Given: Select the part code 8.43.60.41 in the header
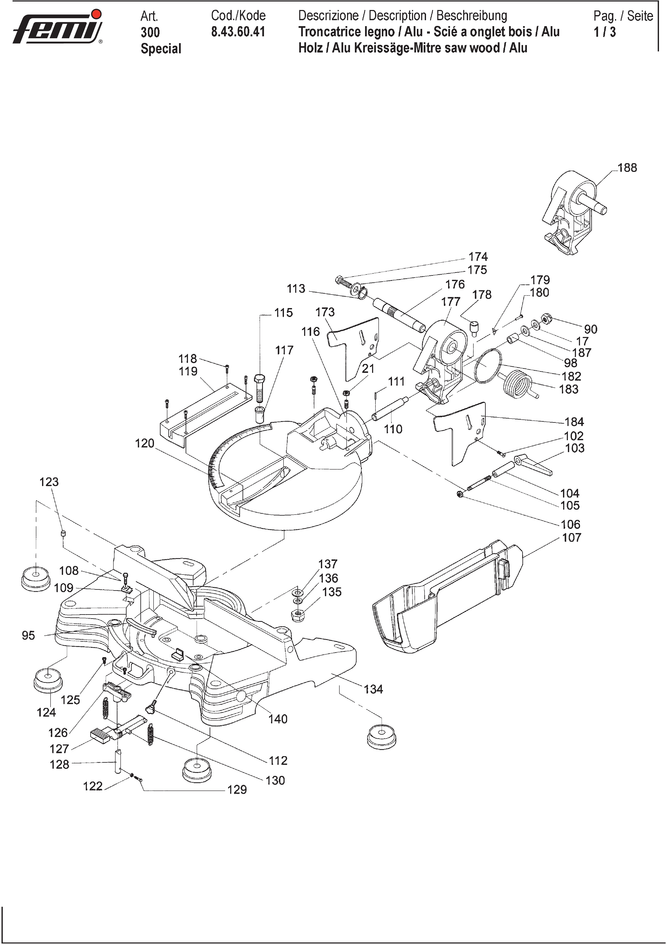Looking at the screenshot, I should point(238,32).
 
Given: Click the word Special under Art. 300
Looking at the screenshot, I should point(161,49).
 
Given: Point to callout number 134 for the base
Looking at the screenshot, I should point(373,689).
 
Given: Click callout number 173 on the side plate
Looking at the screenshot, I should point(325,312).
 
